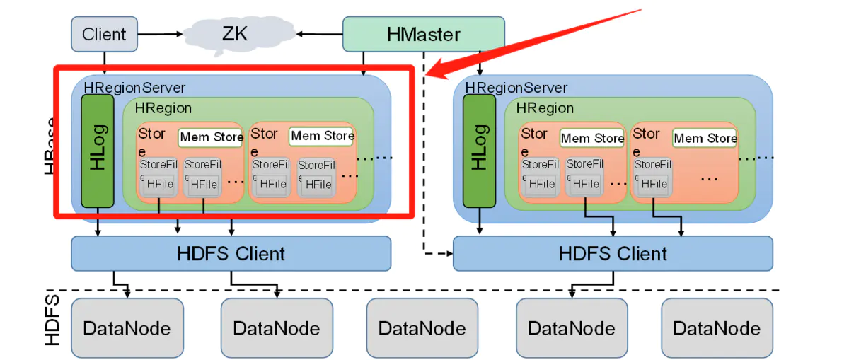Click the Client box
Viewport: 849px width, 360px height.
pyautogui.click(x=103, y=34)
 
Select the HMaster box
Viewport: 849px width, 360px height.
pyautogui.click(x=423, y=34)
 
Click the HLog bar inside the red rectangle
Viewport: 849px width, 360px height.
pyautogui.click(x=98, y=151)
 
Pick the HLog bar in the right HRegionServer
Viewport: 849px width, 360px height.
pyautogui.click(x=479, y=151)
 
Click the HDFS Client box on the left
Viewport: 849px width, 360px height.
pyautogui.click(x=231, y=253)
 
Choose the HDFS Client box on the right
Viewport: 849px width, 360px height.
pyautogui.click(x=612, y=253)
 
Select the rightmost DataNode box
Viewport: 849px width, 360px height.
pyautogui.click(x=717, y=328)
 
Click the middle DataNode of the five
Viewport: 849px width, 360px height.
pyautogui.click(x=422, y=328)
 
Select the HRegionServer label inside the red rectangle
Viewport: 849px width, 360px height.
pyautogui.click(x=134, y=88)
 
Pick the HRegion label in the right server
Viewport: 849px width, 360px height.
pyautogui.click(x=545, y=108)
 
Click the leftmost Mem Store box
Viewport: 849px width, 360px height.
pyautogui.click(x=211, y=137)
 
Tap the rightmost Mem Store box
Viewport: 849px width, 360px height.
pyautogui.click(x=705, y=138)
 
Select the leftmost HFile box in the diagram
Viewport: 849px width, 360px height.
pyautogui.click(x=161, y=183)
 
